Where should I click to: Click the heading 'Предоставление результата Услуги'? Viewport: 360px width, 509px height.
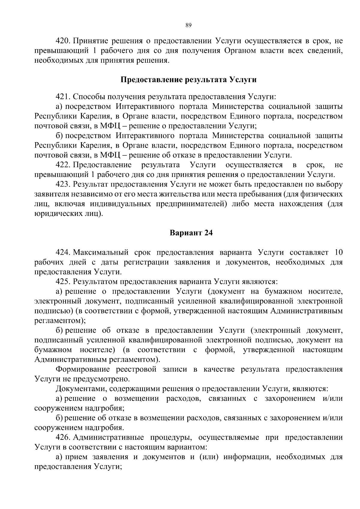pyautogui.click(x=188, y=80)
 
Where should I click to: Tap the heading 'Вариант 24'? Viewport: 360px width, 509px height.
pyautogui.click(x=191, y=233)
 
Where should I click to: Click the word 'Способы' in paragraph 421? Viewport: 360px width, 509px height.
pyautogui.click(x=87, y=97)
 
